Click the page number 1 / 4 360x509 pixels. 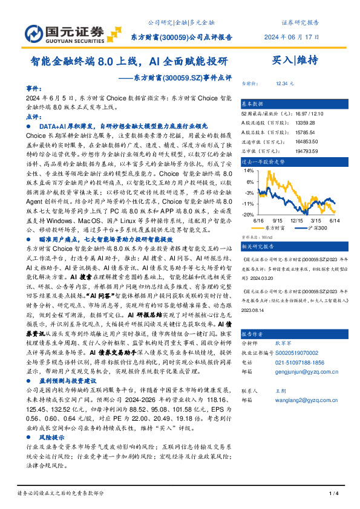[x=332, y=494]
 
